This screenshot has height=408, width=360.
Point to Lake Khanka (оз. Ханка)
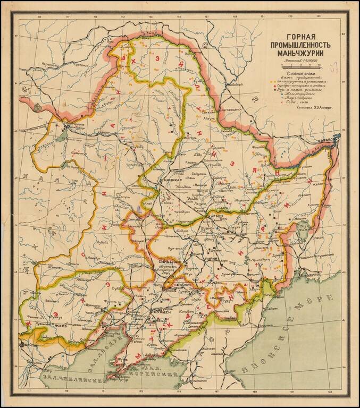[x=304, y=234]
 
